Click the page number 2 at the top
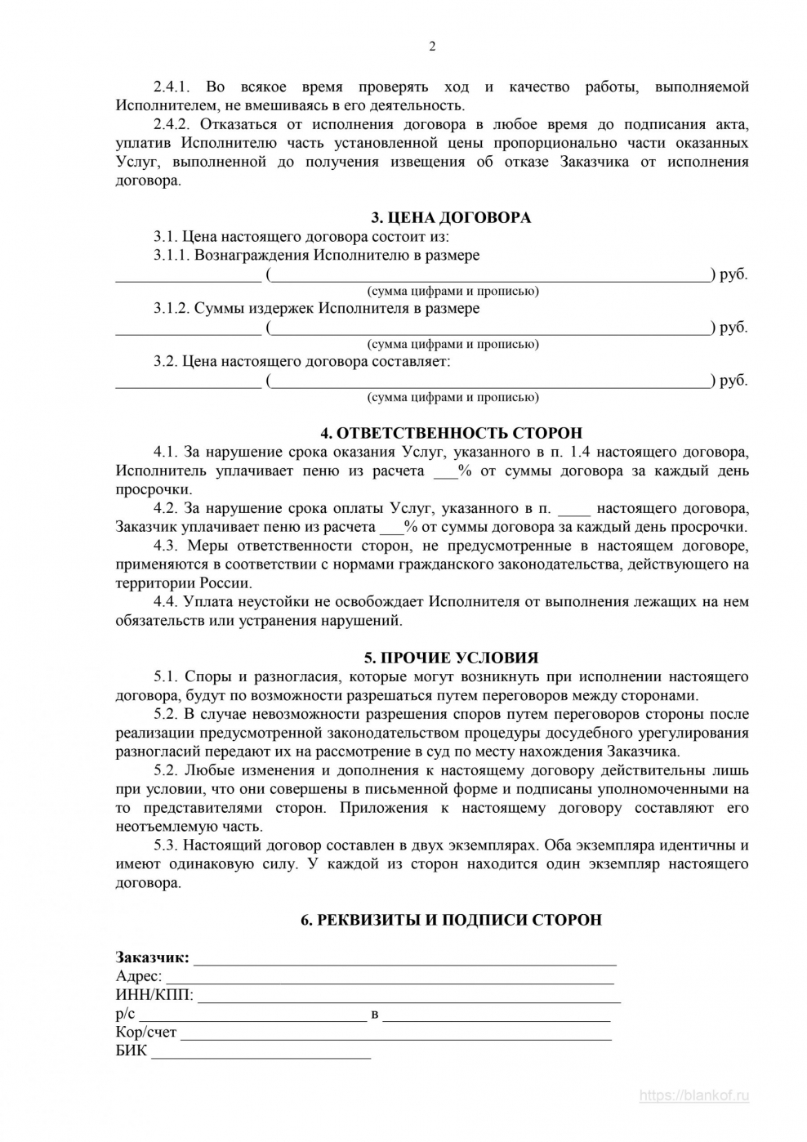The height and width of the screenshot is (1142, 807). point(432,47)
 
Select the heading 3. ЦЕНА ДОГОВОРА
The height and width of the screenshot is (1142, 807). point(451,217)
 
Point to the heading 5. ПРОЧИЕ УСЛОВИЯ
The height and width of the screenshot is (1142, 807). point(451,658)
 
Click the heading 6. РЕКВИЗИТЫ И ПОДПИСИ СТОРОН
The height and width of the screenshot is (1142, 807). point(451,920)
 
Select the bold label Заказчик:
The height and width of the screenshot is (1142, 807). point(152,957)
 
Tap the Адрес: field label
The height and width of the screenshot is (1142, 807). point(139,976)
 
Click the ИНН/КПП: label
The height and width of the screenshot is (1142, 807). point(154,995)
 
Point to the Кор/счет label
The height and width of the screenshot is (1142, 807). point(146,1033)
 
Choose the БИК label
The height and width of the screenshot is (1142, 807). point(132,1051)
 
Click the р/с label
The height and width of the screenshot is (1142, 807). point(125,1014)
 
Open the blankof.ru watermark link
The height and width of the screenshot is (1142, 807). point(693,1096)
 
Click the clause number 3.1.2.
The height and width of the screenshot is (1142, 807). point(172,309)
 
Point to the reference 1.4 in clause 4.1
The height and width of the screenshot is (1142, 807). point(591,452)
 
